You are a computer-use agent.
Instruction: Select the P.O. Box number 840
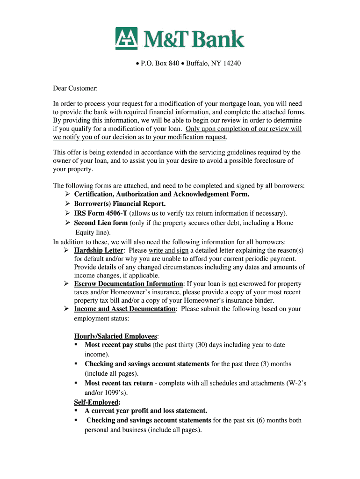(x=173, y=63)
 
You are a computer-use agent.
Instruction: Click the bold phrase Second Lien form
(x=101, y=223)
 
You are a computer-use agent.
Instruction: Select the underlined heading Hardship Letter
(x=98, y=250)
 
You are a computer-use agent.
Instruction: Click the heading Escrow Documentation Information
(x=129, y=284)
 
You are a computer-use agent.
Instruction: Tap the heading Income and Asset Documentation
(x=125, y=309)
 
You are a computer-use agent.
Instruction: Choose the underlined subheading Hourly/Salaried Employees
(x=116, y=336)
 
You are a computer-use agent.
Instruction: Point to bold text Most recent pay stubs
(x=117, y=345)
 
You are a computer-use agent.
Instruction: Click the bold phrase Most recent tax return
(x=119, y=383)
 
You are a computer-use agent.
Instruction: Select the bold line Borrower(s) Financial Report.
(x=120, y=204)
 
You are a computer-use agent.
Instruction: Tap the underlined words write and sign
(x=168, y=250)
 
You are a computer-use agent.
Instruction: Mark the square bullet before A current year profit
(x=76, y=411)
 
